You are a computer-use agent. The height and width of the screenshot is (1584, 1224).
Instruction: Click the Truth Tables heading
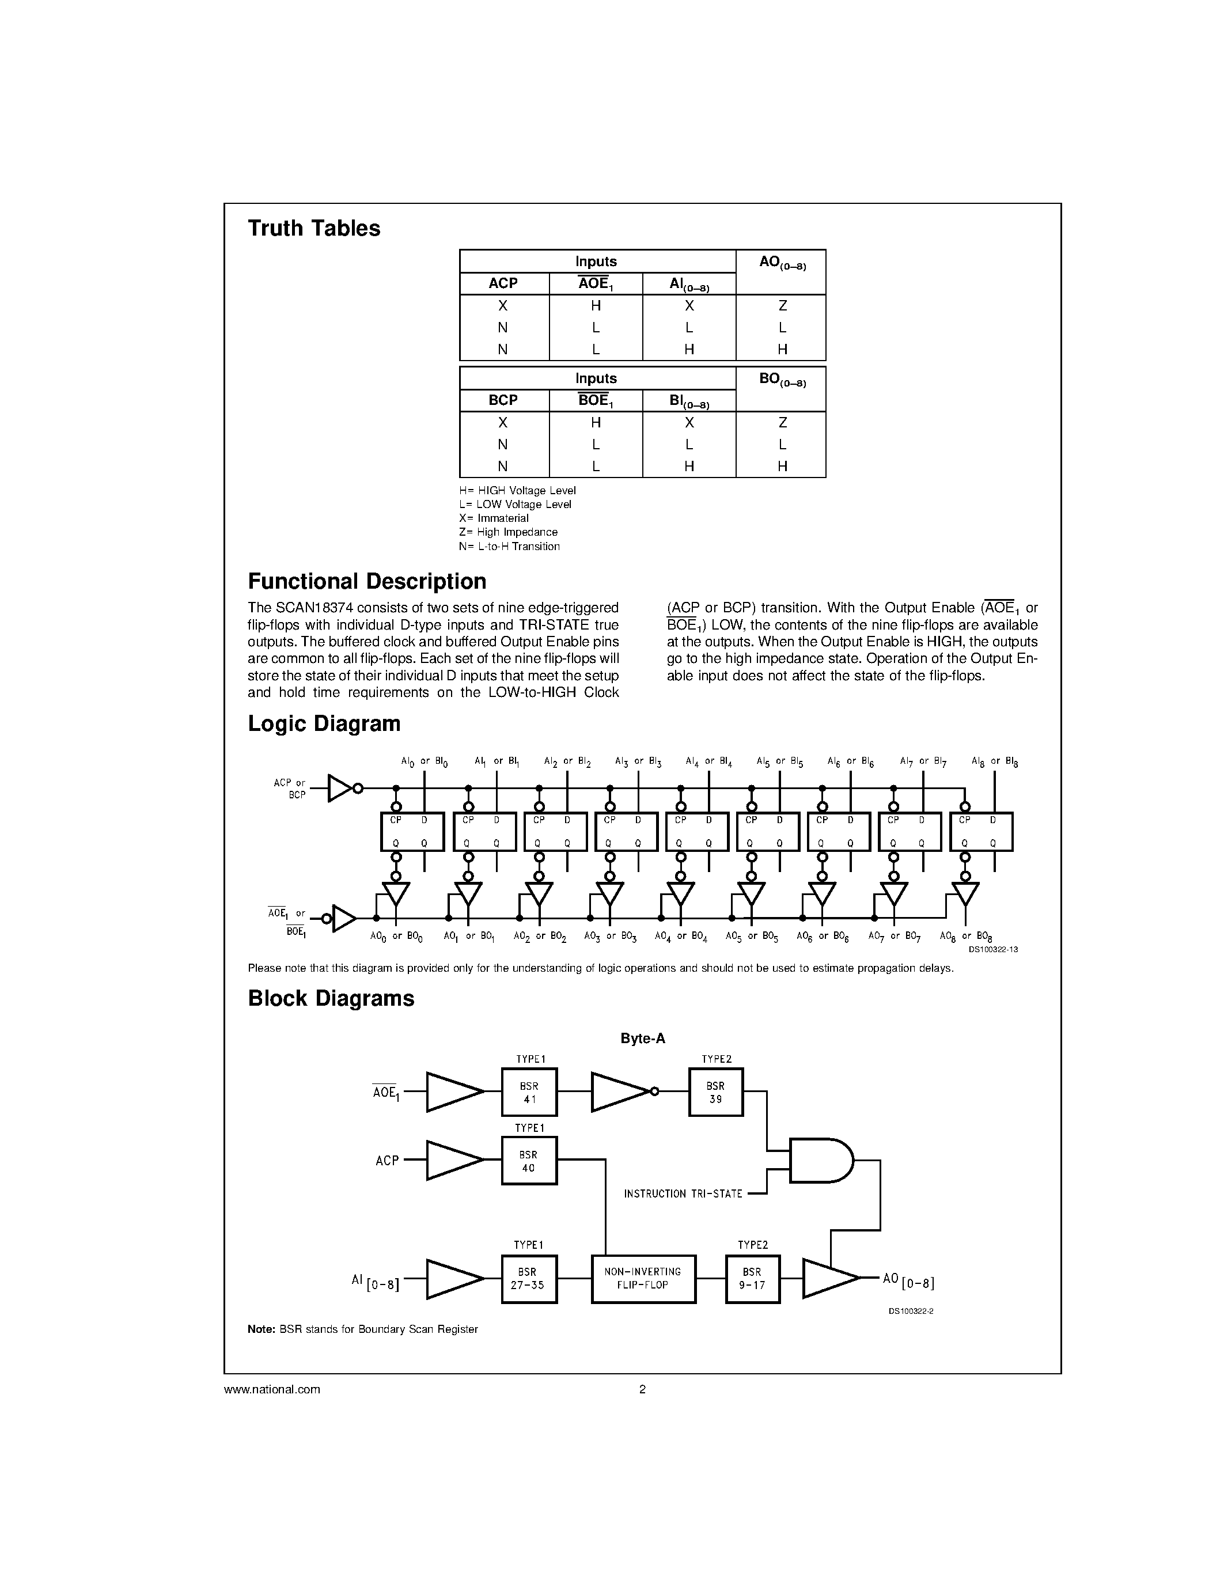click(x=314, y=229)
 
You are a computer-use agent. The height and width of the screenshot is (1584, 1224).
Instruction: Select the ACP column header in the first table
click(x=503, y=283)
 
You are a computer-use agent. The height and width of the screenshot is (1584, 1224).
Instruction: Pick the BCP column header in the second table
click(x=503, y=400)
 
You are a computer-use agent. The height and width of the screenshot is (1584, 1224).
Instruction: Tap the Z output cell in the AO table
click(x=782, y=306)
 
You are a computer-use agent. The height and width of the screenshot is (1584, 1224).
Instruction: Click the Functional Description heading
click(x=367, y=582)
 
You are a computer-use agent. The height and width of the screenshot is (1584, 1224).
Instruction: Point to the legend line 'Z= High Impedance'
click(x=508, y=532)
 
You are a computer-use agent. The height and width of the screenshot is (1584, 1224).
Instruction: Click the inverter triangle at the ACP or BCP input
click(x=339, y=789)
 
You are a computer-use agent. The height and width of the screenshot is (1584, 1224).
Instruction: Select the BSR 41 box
click(x=529, y=1092)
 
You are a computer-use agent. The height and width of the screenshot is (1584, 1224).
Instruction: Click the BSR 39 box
click(x=716, y=1092)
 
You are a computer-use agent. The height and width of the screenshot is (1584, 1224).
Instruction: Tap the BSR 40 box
click(x=529, y=1161)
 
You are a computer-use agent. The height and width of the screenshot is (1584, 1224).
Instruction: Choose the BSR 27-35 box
click(x=529, y=1279)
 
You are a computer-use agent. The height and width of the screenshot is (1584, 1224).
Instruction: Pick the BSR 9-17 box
click(x=753, y=1279)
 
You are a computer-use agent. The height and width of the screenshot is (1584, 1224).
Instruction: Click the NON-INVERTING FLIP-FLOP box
click(x=643, y=1279)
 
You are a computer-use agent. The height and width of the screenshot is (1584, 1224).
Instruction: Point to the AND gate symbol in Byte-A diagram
click(x=820, y=1161)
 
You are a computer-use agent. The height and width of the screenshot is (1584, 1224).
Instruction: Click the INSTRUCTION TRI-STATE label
click(x=683, y=1194)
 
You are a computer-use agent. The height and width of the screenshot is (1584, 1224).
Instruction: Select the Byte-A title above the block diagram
click(x=642, y=1039)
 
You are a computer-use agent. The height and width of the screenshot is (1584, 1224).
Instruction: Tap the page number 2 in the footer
click(x=642, y=1390)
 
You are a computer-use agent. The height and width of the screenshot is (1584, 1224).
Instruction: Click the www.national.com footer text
click(x=272, y=1390)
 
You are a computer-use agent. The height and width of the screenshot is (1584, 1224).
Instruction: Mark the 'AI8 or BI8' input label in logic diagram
click(x=995, y=761)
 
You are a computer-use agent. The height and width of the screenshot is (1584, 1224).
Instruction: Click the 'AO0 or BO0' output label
click(x=396, y=937)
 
